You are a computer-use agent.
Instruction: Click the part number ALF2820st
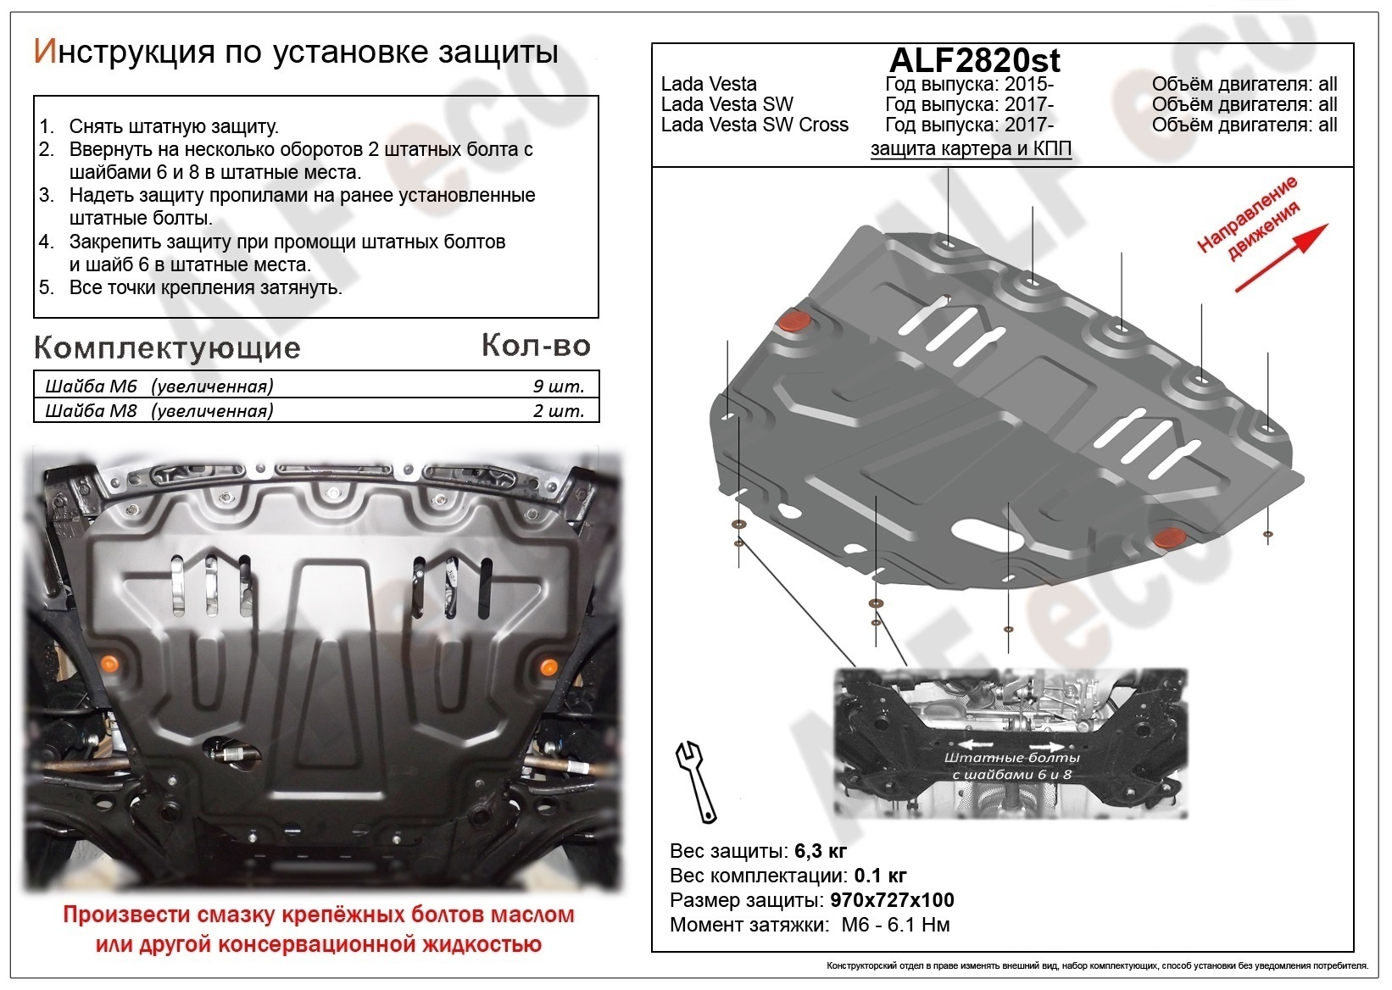(974, 60)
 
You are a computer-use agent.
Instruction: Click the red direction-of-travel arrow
(1282, 258)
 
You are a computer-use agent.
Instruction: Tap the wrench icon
(696, 782)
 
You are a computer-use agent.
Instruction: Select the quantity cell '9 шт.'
(558, 387)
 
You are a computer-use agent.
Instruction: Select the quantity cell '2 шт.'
(558, 411)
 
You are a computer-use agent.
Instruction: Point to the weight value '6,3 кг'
(821, 851)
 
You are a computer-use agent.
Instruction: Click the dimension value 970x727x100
(889, 900)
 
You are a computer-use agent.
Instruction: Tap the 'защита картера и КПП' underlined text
(971, 149)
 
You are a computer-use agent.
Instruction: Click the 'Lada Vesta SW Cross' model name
(754, 125)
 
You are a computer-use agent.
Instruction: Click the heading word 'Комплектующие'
(167, 348)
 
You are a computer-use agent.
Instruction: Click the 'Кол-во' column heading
(536, 345)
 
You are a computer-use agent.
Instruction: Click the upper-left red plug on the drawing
(794, 322)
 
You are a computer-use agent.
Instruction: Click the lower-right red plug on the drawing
(1171, 537)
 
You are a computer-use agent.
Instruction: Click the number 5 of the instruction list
(47, 287)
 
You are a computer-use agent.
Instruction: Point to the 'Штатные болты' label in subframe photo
(1011, 757)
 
